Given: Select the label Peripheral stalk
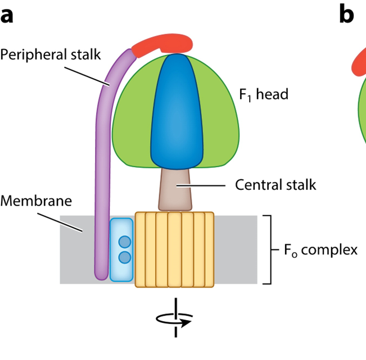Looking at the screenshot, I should coord(50,55).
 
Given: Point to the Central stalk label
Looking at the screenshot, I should coord(275,184).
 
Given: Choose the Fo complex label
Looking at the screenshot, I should coord(321,249).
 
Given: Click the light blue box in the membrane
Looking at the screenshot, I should coord(121,249).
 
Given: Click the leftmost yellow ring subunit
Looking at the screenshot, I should coord(141,250).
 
